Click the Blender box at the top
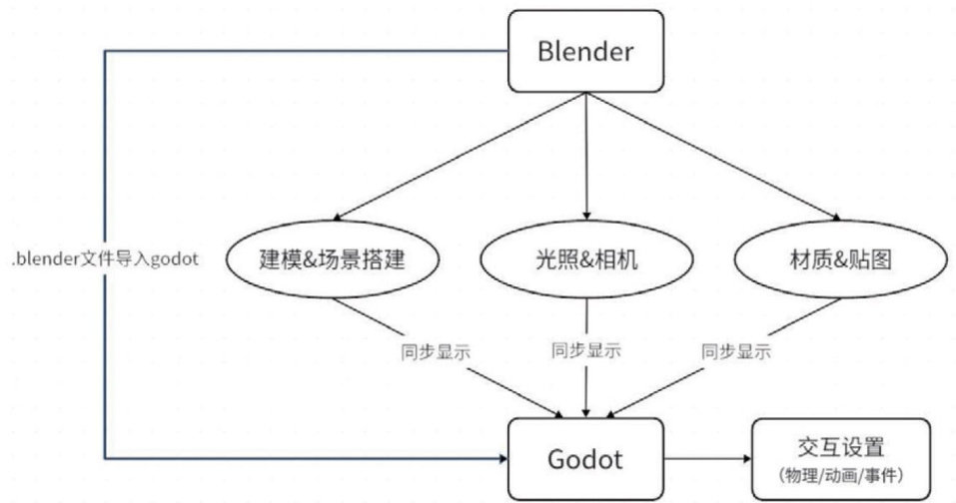[585, 49]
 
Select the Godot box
[585, 459]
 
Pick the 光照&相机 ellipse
[586, 260]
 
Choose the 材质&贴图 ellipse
[840, 260]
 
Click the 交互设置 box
[842, 458]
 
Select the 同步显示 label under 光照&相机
[586, 350]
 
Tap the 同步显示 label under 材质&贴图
[735, 350]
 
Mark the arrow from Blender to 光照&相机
[586, 150]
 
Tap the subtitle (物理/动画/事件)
[842, 472]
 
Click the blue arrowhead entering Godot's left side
[501, 458]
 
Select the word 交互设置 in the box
[842, 445]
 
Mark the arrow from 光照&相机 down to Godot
[586, 389]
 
